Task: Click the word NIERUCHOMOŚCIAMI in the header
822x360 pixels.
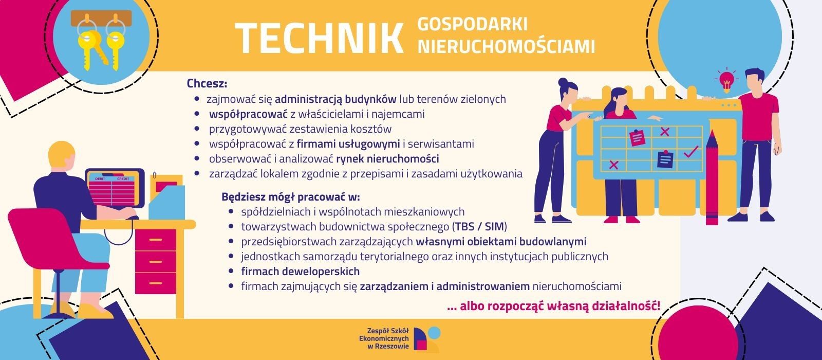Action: click(x=506, y=46)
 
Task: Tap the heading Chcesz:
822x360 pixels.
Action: click(x=207, y=83)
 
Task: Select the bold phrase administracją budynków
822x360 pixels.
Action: click(x=335, y=99)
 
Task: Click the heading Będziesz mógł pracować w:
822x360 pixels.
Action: click(x=291, y=196)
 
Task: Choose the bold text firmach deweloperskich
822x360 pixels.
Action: click(x=300, y=271)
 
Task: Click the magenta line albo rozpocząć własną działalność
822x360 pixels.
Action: click(x=554, y=307)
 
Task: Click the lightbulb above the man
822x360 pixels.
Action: click(x=726, y=81)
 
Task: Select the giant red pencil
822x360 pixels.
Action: click(x=712, y=177)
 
